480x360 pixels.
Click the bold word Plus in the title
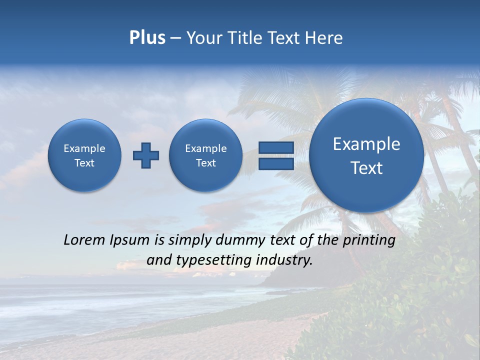tap(147, 38)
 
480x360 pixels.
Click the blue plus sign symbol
tap(146, 155)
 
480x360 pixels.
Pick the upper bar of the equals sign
tap(276, 147)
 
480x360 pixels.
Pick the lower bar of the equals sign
tap(276, 164)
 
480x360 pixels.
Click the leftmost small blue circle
tap(84, 155)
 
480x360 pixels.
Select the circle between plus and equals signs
tap(205, 155)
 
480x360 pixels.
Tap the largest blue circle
tap(366, 155)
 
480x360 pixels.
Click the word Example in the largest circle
tap(366, 144)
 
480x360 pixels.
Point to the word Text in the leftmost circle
tap(84, 163)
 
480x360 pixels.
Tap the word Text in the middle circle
tap(205, 163)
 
